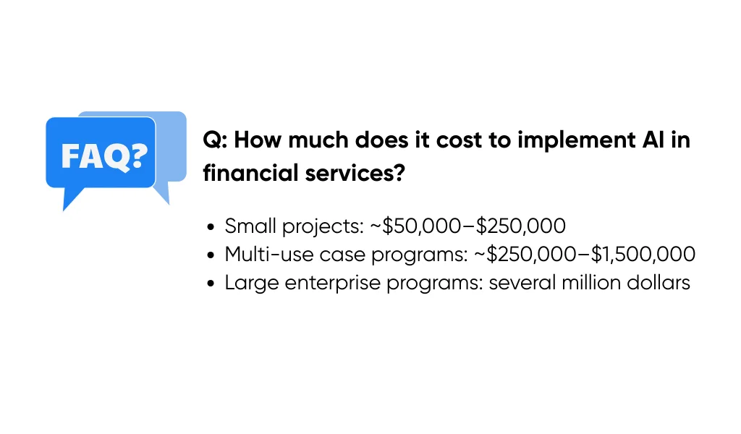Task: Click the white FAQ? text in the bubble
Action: click(101, 154)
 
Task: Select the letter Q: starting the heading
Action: click(215, 140)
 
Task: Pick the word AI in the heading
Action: click(648, 140)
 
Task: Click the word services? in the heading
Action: click(351, 174)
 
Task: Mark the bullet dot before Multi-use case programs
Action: click(211, 255)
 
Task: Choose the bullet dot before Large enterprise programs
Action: click(211, 284)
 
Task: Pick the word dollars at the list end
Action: click(661, 283)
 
